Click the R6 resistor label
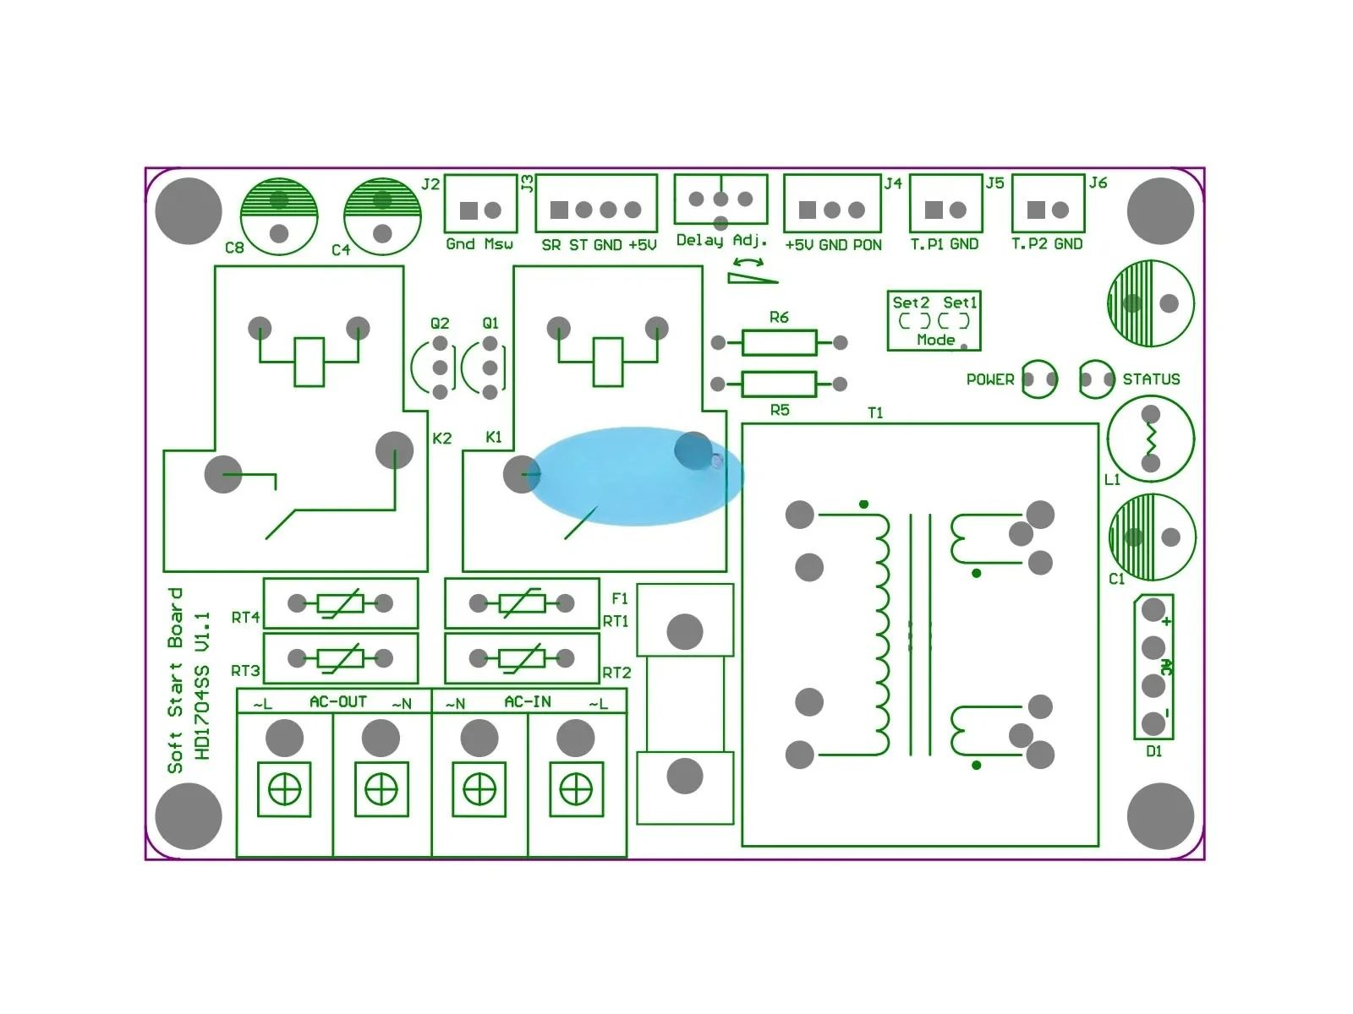779,317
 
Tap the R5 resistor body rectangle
779,384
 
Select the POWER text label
990,379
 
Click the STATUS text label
1151,379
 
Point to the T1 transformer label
875,412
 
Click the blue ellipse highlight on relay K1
636,476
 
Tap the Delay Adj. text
721,240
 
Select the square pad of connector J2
468,210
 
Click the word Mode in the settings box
936,340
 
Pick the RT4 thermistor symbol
340,603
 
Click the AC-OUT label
337,701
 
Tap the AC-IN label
528,701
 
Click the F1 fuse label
620,597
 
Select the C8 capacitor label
234,248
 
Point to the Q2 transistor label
440,324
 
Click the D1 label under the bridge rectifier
1153,751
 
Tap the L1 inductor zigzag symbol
1151,439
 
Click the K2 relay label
442,439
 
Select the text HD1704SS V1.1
201,686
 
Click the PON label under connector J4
868,245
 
